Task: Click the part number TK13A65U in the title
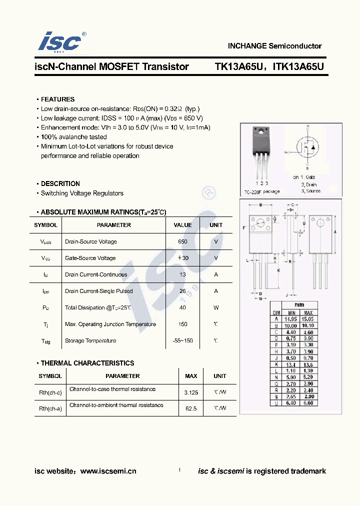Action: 237,66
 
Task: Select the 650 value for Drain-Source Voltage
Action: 182,241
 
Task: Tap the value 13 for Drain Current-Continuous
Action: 182,274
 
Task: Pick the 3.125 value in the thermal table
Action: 191,392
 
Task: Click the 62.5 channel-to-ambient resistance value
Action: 191,408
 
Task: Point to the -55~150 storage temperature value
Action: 182,340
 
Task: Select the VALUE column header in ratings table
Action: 182,225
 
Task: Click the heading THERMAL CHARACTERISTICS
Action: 87,363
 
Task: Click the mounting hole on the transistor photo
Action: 260,132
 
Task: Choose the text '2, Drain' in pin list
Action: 308,184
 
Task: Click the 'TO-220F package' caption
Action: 262,192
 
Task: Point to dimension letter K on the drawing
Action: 278,270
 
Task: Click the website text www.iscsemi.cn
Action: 108,471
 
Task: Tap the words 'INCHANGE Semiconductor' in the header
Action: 274,46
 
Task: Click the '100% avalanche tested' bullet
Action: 73,137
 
